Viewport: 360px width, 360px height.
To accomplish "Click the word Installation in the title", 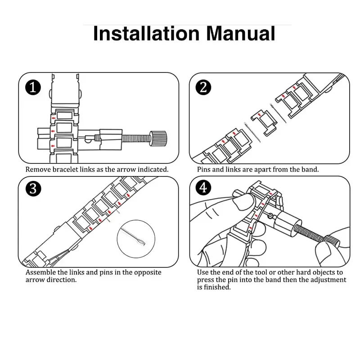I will click(145, 34).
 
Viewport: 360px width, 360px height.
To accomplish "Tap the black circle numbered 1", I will click(33, 87).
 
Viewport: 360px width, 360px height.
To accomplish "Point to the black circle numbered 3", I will click(33, 189).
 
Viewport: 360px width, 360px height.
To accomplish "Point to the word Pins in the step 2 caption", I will click(204, 170).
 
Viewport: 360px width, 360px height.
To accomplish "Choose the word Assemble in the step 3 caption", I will click(42, 273).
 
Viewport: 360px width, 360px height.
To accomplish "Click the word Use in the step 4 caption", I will click(203, 273).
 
